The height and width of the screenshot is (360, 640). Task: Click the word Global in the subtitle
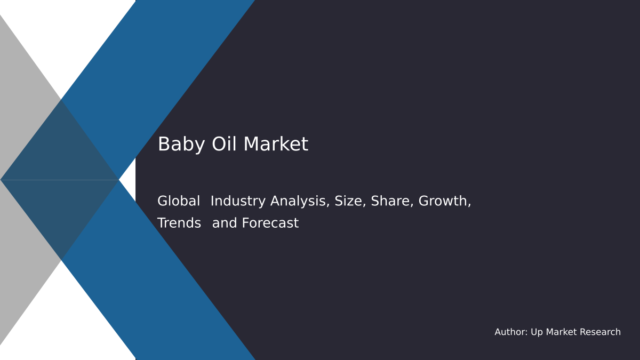coord(179,202)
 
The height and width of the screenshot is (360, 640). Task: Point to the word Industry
coord(238,202)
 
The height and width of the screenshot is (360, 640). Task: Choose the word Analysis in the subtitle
coord(300,202)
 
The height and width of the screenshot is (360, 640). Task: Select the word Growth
coord(444,202)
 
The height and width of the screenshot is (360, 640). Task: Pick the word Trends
coord(179,223)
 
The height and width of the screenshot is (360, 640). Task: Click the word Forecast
coord(270,223)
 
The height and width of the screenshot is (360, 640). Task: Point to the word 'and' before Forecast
coord(225,223)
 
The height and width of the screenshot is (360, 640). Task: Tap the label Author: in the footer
coord(511,332)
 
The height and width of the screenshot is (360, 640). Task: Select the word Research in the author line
coord(600,332)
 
